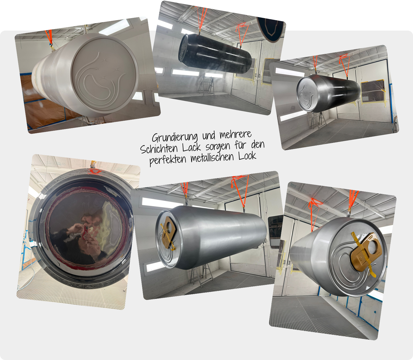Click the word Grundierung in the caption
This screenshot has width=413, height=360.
point(174,138)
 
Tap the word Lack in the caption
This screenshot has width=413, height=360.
point(191,148)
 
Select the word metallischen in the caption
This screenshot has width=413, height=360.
point(212,158)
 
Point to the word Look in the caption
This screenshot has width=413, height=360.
point(247,156)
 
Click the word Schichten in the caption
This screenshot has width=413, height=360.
point(159,149)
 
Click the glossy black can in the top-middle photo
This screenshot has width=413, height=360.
point(215,53)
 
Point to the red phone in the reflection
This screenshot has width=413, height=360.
point(86,231)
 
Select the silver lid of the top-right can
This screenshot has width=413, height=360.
point(308,94)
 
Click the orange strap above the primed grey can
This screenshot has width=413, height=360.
point(49,37)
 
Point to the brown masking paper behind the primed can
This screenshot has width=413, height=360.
point(43,102)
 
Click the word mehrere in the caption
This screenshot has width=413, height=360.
point(235,134)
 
